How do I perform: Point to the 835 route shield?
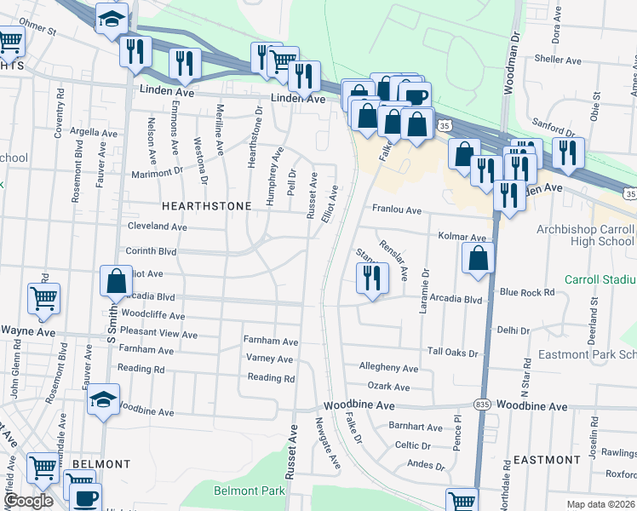coord(483,407)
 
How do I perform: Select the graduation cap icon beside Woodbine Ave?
coord(102,399)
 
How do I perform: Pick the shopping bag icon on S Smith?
coord(116,281)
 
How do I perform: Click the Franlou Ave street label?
coord(396,210)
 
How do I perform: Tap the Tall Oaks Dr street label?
coord(453,352)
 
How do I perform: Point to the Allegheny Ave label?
coord(388,368)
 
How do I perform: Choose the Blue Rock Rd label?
coord(527,292)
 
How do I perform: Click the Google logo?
coord(29,501)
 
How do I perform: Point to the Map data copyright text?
coord(601,504)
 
